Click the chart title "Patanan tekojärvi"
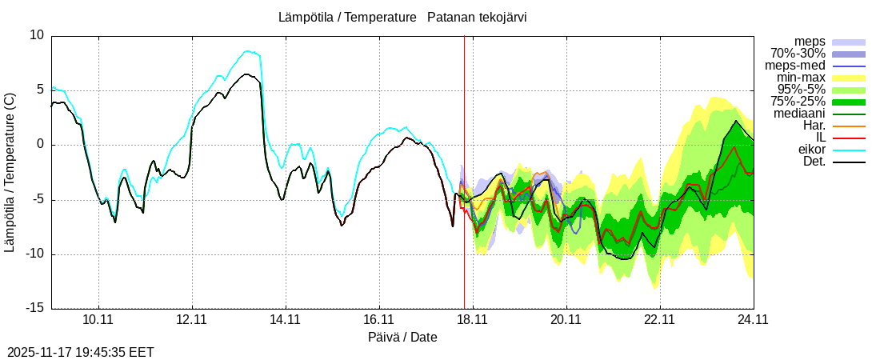point(477,17)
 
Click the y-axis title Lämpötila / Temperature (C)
point(10,172)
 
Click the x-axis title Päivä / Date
point(402,337)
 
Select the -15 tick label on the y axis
point(34,309)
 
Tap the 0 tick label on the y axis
point(41,145)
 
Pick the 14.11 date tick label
point(285,319)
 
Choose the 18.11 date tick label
point(472,319)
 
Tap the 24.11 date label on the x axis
point(753,319)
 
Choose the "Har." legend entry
point(814,126)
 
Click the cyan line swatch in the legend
point(849,150)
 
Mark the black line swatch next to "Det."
point(849,162)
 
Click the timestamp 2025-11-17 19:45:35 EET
point(80,352)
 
